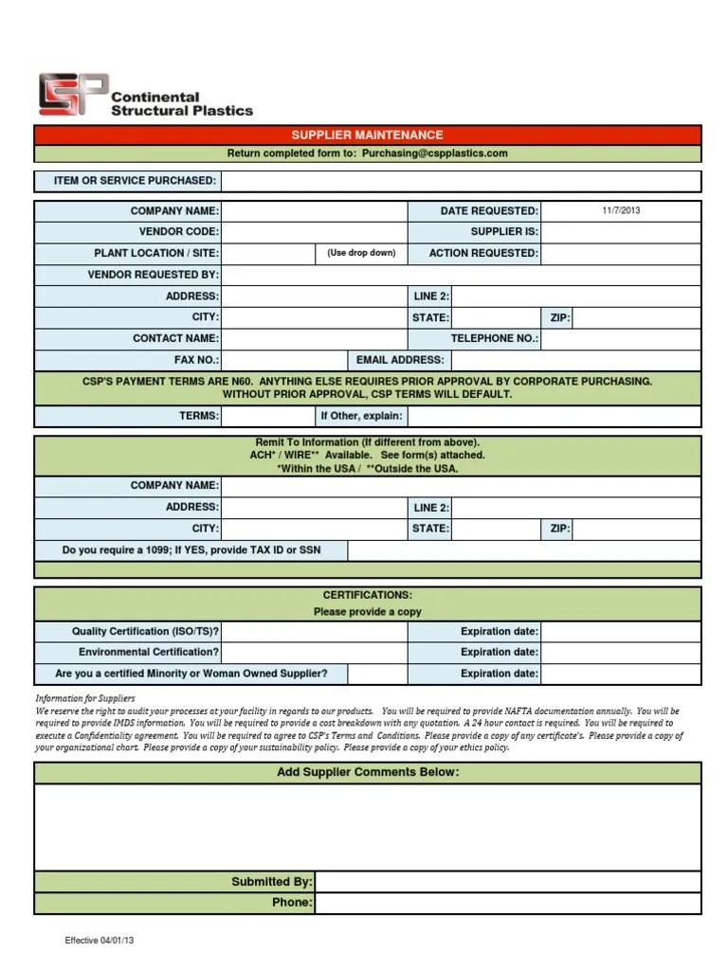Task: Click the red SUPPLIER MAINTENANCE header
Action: (367, 135)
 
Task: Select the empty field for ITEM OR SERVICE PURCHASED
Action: (461, 181)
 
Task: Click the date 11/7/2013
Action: (621, 210)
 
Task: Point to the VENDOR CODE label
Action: (178, 232)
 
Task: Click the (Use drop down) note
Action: (361, 253)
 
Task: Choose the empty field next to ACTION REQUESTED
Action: (621, 254)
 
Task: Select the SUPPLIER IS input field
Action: (621, 232)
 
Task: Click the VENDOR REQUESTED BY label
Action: (154, 275)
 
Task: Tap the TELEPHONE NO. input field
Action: (621, 338)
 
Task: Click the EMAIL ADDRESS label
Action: (399, 360)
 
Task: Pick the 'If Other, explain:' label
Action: (361, 416)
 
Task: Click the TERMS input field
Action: (268, 416)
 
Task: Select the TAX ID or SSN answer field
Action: (524, 550)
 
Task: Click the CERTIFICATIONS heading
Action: (367, 595)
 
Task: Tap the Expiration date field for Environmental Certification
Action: (621, 653)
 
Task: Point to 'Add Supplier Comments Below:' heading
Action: (367, 772)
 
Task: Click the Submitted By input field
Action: (508, 882)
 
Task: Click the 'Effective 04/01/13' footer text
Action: (99, 941)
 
